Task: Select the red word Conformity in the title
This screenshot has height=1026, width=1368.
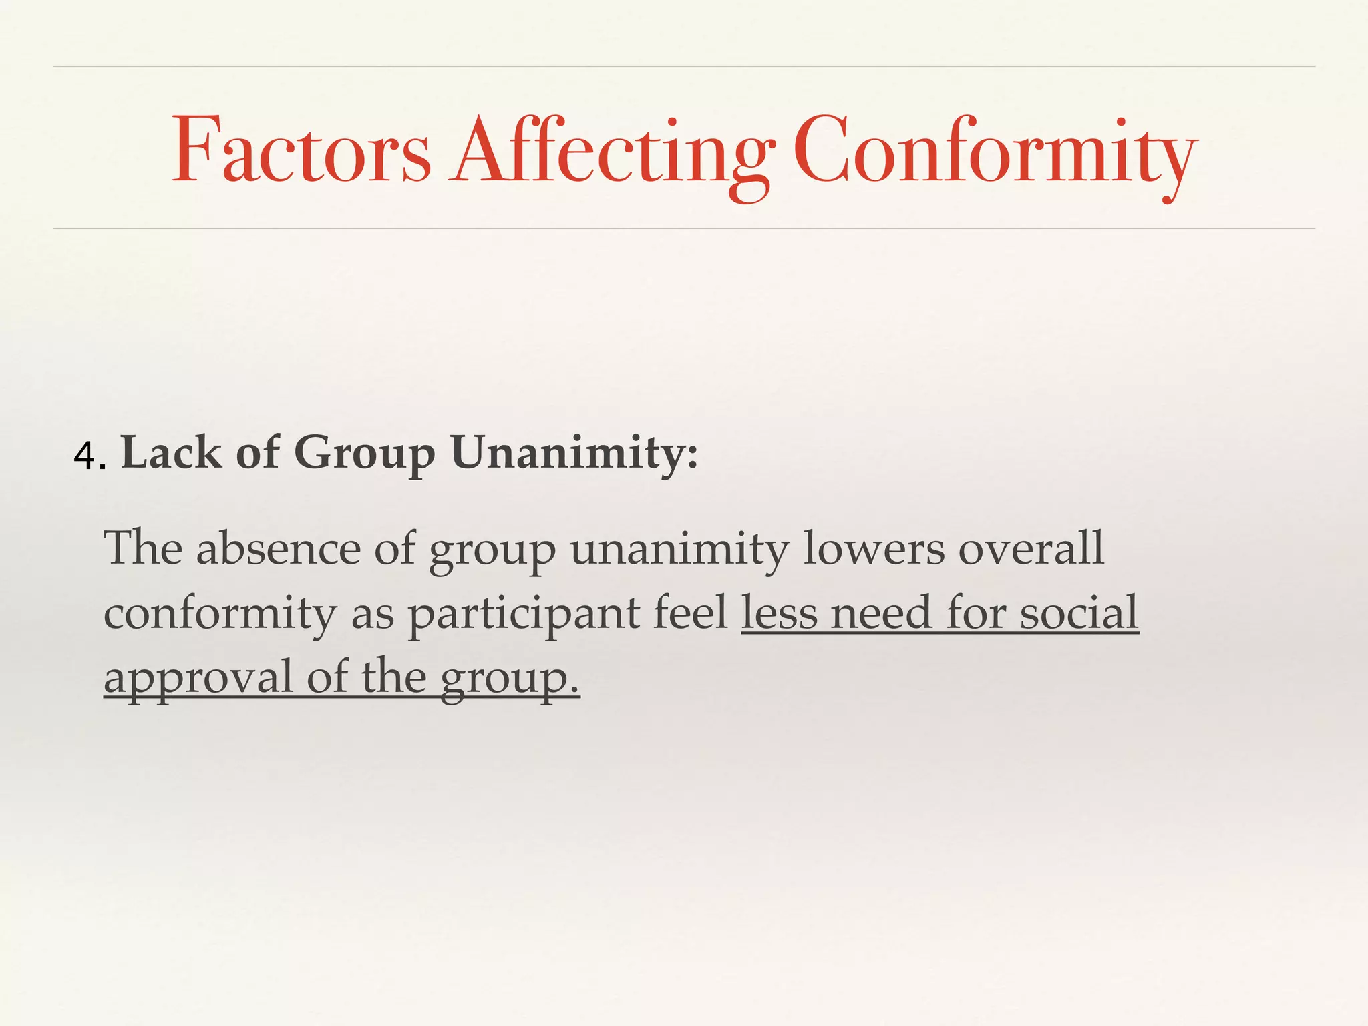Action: tap(995, 152)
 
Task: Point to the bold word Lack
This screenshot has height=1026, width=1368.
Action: tap(171, 452)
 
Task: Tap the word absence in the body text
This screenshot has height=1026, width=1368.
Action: tap(278, 548)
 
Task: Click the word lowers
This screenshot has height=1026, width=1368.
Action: tap(873, 548)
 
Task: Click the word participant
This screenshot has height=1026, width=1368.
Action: tap(523, 614)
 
